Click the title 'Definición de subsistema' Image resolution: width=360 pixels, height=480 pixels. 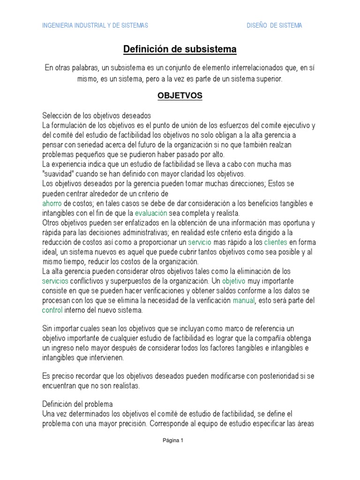[x=180, y=49]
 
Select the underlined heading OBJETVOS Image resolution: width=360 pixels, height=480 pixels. [x=180, y=96]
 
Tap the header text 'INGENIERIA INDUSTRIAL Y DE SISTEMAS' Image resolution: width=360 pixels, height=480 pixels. [x=95, y=26]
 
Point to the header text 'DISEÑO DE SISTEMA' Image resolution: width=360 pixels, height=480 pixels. [x=274, y=26]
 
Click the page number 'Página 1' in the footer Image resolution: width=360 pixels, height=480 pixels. [x=172, y=440]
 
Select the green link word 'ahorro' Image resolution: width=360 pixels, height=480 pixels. [x=52, y=203]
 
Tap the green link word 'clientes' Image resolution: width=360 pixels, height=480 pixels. [x=275, y=242]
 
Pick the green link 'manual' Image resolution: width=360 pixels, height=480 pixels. [x=243, y=300]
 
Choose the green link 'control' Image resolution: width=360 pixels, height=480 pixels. [x=52, y=310]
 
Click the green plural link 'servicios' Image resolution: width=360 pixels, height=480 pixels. [x=55, y=281]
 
